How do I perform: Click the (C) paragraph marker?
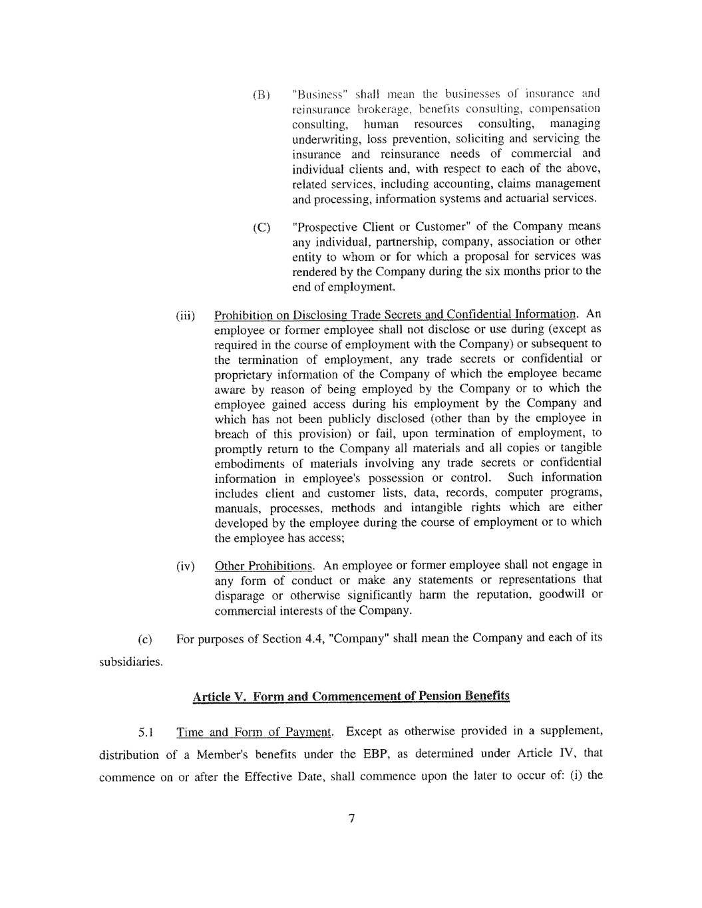coord(262,227)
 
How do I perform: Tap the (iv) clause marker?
coord(185,567)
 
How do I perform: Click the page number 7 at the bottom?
coord(351,818)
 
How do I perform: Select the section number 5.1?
coord(146,733)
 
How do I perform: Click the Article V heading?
coord(351,696)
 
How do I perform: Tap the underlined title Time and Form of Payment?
coord(254,732)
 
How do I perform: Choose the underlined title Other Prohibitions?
coord(263,566)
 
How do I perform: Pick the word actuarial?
coord(529,199)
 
